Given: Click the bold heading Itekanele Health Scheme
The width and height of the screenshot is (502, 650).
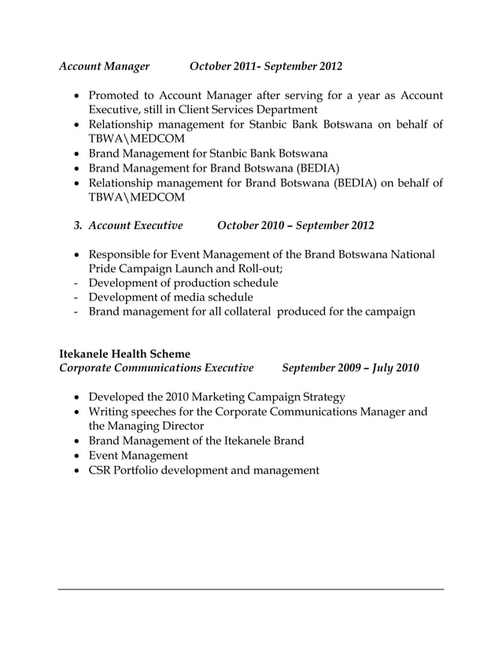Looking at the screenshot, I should click(x=124, y=353).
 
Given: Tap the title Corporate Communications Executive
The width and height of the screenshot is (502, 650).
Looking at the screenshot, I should click(x=157, y=367).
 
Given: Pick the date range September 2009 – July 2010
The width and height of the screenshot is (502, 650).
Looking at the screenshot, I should click(x=350, y=367).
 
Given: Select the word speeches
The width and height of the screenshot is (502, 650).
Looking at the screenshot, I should click(x=153, y=412).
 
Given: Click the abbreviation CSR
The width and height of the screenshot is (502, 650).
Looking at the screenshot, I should click(x=101, y=471).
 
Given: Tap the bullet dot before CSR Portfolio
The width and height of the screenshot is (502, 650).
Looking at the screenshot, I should click(x=76, y=471).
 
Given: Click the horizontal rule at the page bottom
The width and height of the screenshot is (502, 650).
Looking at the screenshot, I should click(x=251, y=589).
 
